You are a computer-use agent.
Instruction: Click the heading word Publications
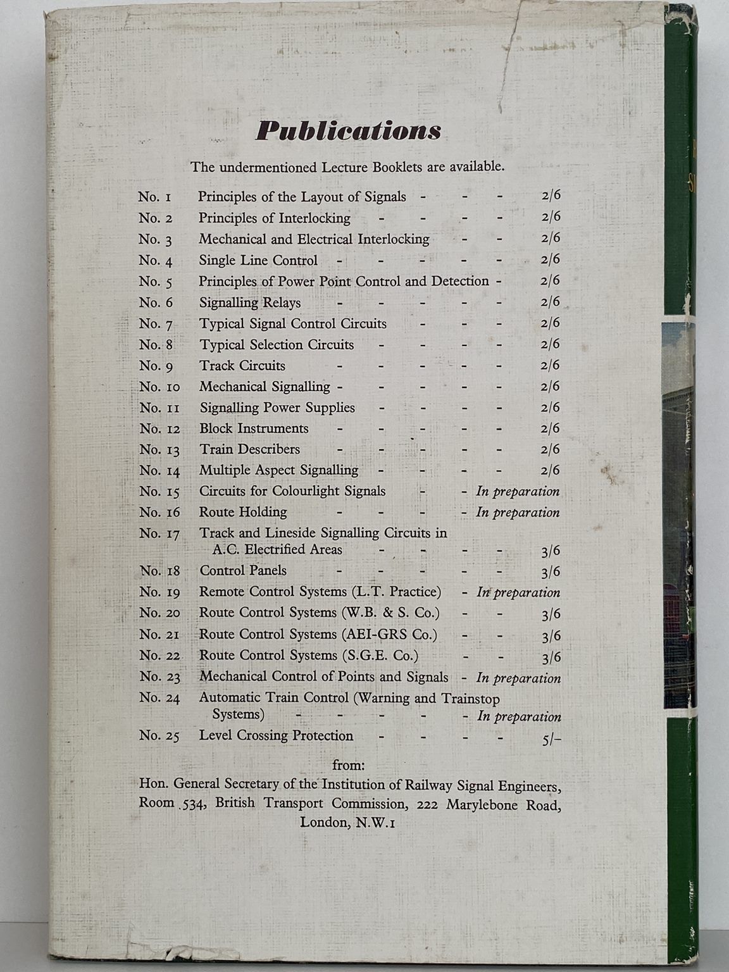click(348, 130)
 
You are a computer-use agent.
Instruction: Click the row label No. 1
click(155, 197)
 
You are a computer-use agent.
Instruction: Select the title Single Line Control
click(258, 260)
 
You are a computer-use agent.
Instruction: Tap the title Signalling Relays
click(250, 302)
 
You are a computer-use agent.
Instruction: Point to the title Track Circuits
click(242, 366)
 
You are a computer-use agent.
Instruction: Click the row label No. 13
click(159, 450)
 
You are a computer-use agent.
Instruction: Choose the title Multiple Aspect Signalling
click(278, 470)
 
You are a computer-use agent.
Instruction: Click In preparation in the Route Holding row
click(518, 513)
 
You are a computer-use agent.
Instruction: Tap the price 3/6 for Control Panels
click(551, 572)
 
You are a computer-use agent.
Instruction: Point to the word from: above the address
click(349, 766)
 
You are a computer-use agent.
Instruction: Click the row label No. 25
click(159, 736)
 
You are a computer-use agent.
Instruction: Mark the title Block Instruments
click(254, 428)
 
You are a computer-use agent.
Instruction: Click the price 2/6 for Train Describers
click(550, 449)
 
